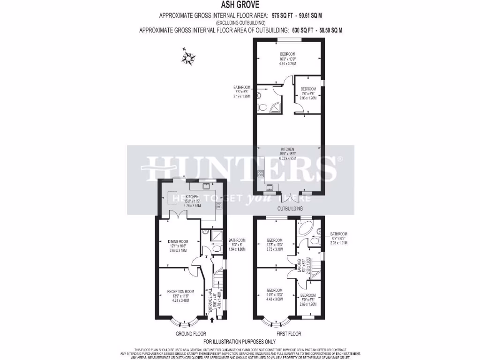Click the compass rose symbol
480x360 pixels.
coord(189,58)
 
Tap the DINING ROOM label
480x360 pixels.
coord(178,242)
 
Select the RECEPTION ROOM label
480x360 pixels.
coord(180,291)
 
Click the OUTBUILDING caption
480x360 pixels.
coord(290,208)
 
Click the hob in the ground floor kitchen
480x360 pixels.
coord(219,205)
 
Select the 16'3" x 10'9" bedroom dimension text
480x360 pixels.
coord(288,59)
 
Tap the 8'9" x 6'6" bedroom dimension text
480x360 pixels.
coord(308,300)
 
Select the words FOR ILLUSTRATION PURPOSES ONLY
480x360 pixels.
coord(240,342)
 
